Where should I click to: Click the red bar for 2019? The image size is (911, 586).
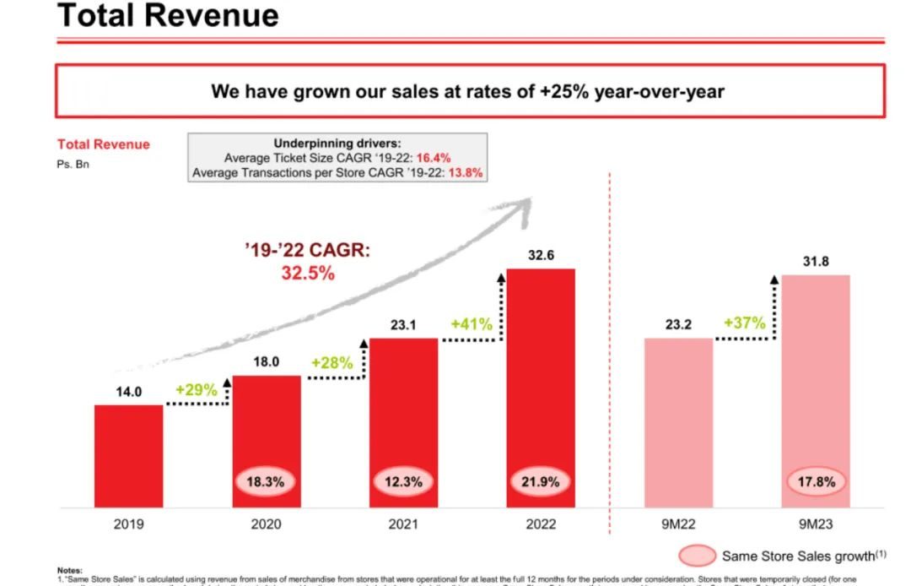coord(128,456)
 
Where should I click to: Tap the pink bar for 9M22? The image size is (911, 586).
coord(678,422)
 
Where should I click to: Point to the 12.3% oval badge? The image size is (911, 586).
coord(403,482)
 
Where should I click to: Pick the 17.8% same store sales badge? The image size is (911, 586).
coord(816,482)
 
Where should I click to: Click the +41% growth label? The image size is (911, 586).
coord(472,323)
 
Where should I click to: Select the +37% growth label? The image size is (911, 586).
coord(744,323)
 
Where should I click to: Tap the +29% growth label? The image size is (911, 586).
coord(196,390)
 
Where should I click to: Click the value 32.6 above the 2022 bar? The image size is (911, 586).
coord(541,253)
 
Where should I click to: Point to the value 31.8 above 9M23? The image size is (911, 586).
coord(815,262)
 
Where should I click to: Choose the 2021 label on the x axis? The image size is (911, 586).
coord(403,524)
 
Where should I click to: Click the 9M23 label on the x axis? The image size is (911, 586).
coord(815,524)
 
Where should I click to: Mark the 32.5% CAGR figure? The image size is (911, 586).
coord(307,274)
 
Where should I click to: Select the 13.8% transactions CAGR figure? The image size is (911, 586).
coord(471,172)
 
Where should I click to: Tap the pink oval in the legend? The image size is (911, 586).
coord(696,556)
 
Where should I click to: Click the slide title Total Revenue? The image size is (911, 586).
coord(168,16)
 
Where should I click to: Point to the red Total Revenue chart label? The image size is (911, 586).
coord(103,144)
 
